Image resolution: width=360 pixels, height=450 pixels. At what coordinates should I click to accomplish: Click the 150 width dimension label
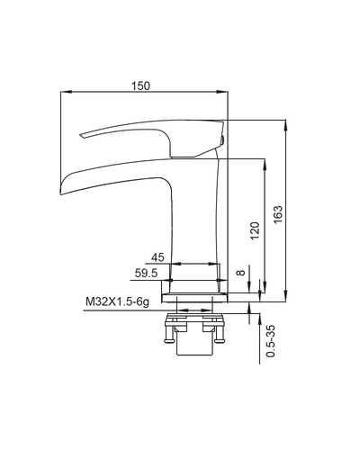click(x=140, y=86)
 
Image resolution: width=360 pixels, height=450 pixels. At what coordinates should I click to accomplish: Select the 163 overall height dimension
click(x=278, y=214)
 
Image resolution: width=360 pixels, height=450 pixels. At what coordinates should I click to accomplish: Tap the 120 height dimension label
click(x=255, y=230)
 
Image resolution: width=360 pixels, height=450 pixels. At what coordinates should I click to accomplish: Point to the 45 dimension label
click(x=157, y=257)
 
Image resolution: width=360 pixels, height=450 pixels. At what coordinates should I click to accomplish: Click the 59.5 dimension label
click(x=146, y=273)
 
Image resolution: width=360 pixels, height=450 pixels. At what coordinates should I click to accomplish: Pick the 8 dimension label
click(x=241, y=273)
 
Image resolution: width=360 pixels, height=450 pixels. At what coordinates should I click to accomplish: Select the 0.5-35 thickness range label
click(x=271, y=341)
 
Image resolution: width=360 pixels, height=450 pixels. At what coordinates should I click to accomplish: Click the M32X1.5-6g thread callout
click(x=117, y=301)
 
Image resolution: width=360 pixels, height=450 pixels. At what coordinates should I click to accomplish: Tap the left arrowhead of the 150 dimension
click(x=67, y=91)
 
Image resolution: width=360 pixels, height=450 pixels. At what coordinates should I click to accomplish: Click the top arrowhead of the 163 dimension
click(x=285, y=125)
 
